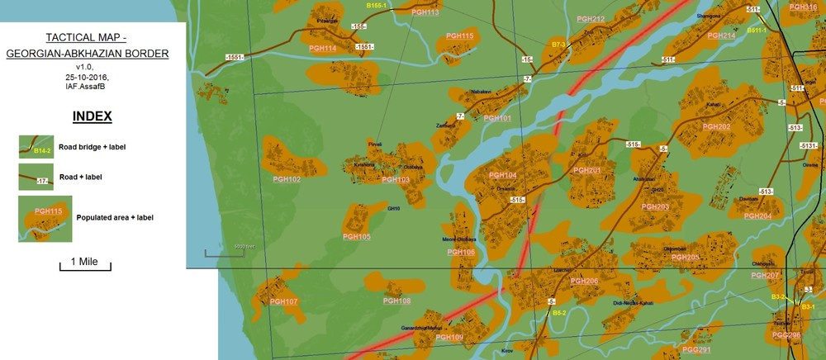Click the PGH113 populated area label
425,12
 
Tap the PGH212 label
591,19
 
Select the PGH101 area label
497,118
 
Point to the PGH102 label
287,179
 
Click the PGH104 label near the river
502,175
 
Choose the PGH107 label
283,301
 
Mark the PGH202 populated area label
716,126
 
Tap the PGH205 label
686,258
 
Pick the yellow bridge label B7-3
558,44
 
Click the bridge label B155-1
377,6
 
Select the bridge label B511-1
757,31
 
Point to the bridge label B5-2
559,313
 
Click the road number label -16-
526,59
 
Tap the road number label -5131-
809,145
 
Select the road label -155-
358,26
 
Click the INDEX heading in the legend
93,116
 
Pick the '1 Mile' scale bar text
84,261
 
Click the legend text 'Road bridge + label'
92,147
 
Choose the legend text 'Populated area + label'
115,218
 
